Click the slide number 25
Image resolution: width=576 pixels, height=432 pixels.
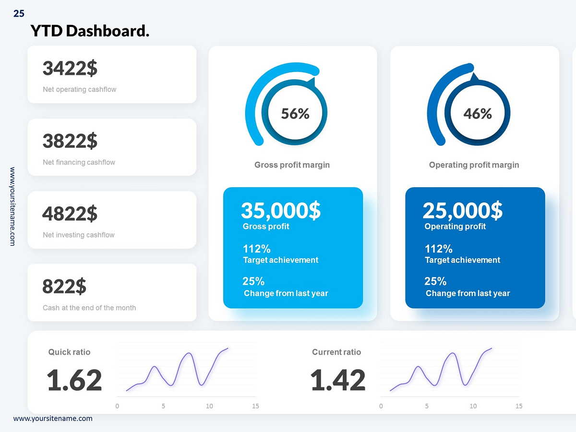coord(19,14)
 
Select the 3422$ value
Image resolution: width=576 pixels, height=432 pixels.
coord(70,68)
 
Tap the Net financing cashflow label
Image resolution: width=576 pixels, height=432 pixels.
coord(79,162)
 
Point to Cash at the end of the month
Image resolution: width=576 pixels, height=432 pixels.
coord(89,308)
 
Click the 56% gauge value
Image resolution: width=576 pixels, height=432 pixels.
coord(295,114)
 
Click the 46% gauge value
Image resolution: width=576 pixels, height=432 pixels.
coord(478,114)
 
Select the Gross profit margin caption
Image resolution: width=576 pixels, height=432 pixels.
coord(292,165)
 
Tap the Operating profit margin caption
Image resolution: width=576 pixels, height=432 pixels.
coord(474,165)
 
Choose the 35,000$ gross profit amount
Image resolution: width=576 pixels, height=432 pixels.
coord(281,210)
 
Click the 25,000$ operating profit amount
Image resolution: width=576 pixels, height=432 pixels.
coord(462,210)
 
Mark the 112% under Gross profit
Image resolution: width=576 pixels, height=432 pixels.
coord(256,249)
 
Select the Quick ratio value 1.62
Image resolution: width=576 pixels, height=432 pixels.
coord(74,380)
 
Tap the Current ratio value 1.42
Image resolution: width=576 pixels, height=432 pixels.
coord(338,380)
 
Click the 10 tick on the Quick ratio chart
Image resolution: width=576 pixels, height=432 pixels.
coord(209,406)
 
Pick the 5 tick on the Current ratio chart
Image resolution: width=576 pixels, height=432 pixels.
coord(427,406)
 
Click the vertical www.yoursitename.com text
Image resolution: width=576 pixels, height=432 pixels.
coord(12,206)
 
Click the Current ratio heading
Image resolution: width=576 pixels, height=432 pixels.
coord(336,352)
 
